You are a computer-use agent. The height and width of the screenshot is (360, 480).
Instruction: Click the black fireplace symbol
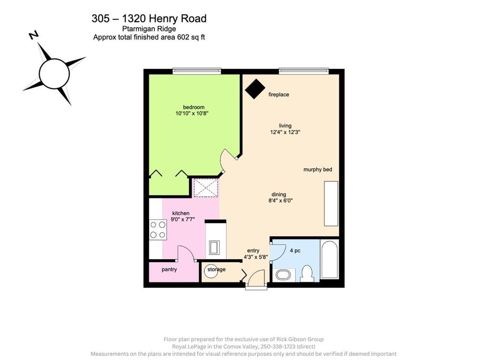255,89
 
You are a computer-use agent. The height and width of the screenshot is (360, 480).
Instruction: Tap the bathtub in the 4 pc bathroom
330,259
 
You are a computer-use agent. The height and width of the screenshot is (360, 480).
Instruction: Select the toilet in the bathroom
307,273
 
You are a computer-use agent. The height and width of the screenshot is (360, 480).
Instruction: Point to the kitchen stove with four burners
157,230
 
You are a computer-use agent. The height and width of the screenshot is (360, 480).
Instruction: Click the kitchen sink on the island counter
214,247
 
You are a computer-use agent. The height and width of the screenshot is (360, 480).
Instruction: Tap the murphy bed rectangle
331,203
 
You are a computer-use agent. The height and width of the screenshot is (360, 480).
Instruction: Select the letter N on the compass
34,35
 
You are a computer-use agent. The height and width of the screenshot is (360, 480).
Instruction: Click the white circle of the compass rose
54,74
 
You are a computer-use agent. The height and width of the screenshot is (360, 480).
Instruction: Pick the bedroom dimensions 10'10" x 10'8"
192,113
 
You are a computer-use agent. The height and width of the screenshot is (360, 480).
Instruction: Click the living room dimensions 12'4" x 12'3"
285,132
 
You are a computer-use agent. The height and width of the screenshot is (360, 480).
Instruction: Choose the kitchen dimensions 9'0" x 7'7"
183,219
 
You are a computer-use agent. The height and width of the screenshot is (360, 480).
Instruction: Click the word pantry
169,270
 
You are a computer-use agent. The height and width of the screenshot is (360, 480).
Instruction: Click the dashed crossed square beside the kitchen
205,187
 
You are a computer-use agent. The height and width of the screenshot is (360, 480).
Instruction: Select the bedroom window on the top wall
196,71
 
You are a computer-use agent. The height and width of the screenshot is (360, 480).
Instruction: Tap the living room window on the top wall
303,71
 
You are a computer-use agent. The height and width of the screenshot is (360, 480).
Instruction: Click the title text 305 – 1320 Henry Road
149,19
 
